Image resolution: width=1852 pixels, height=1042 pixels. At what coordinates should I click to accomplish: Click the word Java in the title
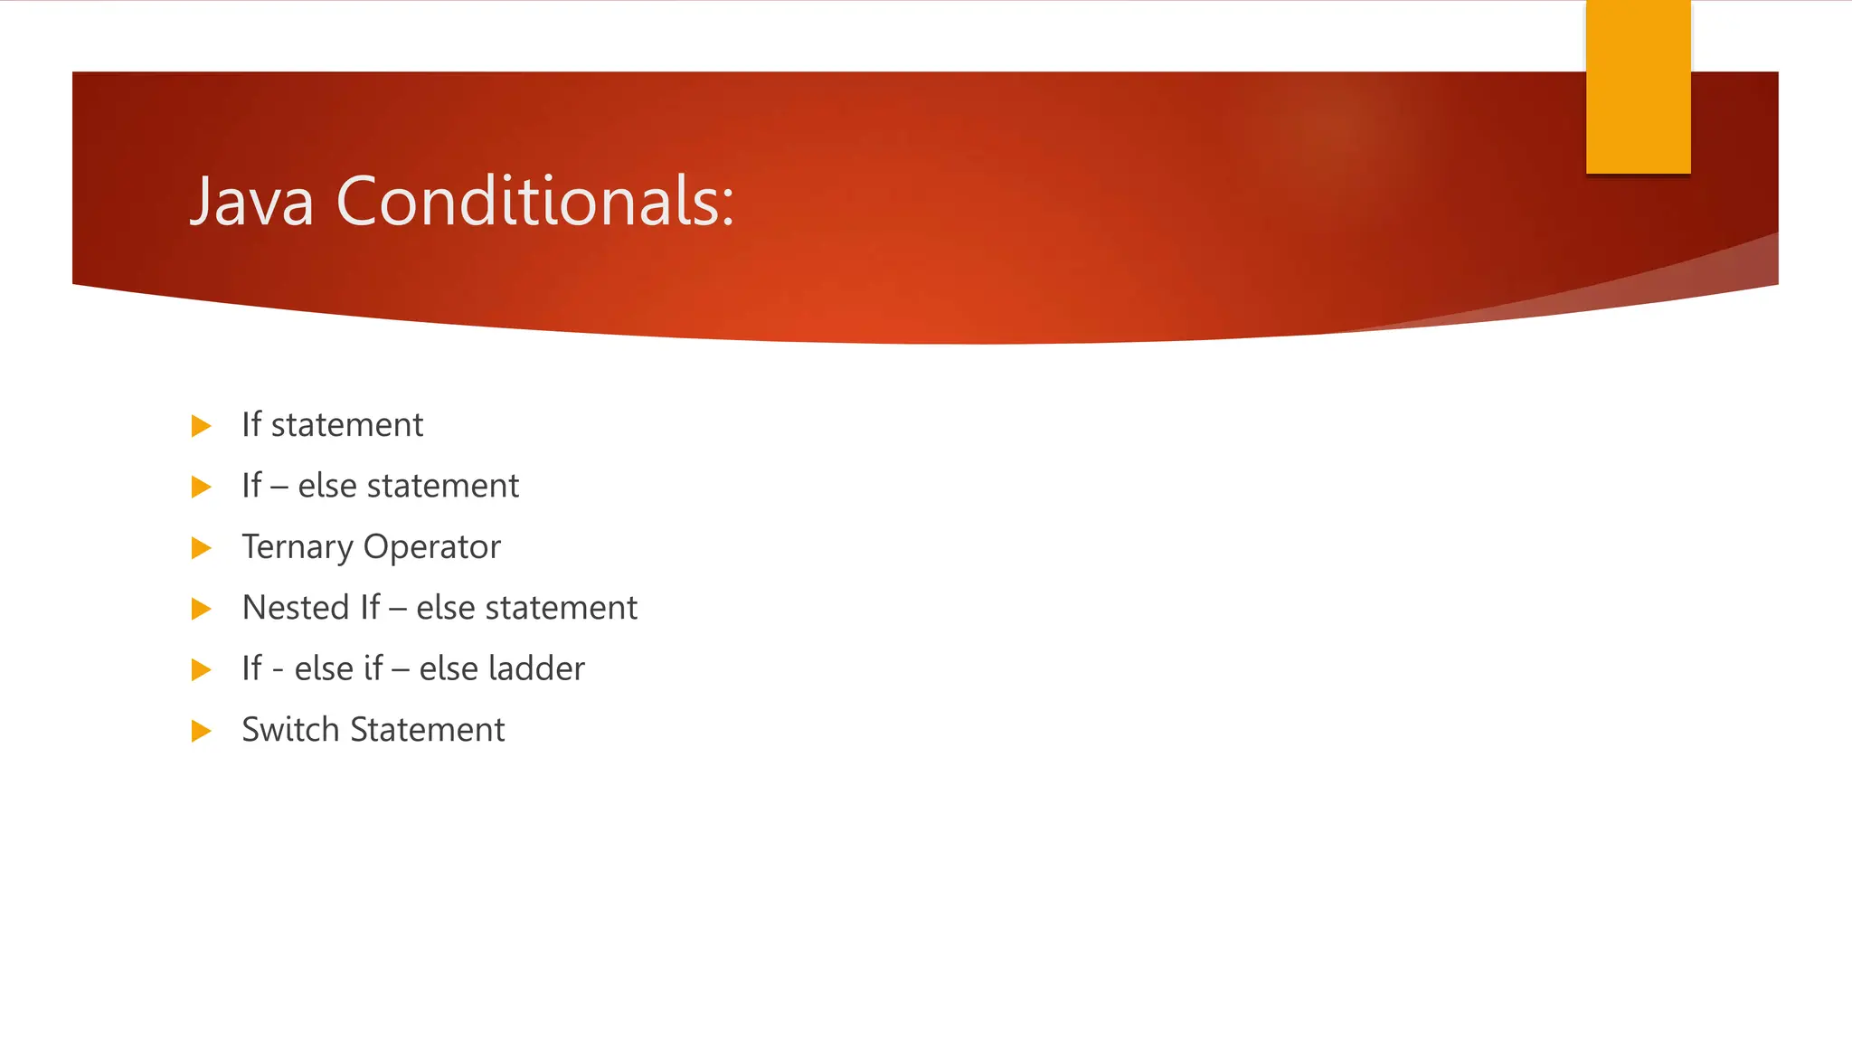point(252,201)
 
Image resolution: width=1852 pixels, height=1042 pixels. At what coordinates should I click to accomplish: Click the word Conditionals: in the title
point(535,201)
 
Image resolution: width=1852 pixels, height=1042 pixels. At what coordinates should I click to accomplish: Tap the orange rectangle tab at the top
point(1638,87)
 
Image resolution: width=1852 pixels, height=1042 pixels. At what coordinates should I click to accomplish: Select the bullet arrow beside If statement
point(202,426)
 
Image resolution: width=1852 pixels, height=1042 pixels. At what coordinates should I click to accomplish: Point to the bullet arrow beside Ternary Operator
point(202,548)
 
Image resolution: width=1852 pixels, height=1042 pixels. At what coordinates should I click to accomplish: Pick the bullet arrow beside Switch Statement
point(202,731)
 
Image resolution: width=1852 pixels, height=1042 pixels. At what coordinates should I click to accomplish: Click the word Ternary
point(297,547)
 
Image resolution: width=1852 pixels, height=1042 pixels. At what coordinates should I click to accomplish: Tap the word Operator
point(431,547)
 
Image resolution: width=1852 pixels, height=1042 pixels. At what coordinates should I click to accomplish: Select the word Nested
point(296,608)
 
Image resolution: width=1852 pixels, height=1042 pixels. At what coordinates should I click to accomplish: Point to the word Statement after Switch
point(427,730)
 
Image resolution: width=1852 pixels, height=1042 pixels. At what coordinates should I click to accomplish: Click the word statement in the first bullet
point(346,425)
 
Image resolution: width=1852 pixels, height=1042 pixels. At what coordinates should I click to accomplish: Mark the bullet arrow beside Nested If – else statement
point(202,609)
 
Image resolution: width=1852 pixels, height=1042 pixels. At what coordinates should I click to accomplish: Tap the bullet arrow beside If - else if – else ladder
point(202,670)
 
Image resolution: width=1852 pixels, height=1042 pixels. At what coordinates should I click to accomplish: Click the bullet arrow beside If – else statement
point(202,488)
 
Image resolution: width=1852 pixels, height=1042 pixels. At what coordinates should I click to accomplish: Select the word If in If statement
point(251,425)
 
